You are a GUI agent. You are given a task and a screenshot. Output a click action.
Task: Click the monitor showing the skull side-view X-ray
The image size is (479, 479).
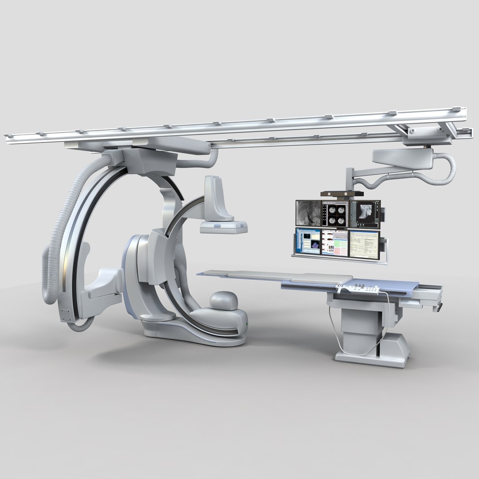pyautogui.click(x=365, y=214)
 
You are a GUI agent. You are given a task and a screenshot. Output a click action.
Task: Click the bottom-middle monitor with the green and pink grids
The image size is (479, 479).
pyautogui.click(x=335, y=243)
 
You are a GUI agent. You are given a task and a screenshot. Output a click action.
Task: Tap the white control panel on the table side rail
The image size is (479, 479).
pyautogui.click(x=357, y=289)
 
